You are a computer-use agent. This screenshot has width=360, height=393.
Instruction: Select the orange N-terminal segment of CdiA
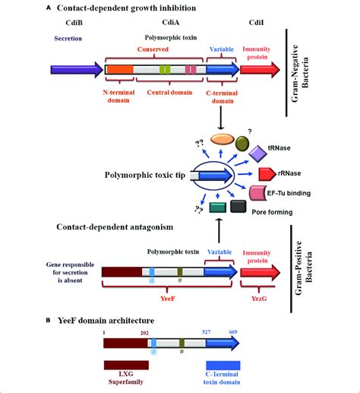(120, 70)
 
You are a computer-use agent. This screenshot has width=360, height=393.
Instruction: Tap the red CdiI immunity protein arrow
(260, 70)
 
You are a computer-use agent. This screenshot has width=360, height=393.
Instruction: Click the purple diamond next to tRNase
(257, 154)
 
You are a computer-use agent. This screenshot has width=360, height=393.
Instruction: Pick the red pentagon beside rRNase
(267, 174)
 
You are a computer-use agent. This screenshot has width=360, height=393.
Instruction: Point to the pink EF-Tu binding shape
(257, 193)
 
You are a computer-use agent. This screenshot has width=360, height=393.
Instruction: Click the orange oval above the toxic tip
(223, 139)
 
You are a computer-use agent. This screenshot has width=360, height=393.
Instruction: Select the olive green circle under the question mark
(242, 144)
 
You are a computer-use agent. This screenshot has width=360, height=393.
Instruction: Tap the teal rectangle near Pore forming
(218, 208)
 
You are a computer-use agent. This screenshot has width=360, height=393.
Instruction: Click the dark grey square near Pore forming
(238, 206)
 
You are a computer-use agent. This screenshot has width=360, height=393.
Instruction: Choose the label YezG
(259, 299)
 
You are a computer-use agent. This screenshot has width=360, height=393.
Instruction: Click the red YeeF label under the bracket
(168, 299)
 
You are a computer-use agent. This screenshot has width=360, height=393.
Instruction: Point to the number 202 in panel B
(144, 333)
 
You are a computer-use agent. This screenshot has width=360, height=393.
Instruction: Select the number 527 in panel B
(207, 331)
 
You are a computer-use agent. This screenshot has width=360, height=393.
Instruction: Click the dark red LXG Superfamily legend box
(126, 365)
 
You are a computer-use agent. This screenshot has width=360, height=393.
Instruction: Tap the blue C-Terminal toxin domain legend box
(223, 366)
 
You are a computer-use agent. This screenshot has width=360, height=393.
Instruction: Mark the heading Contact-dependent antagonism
(115, 227)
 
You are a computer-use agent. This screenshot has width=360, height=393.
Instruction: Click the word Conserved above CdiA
(153, 49)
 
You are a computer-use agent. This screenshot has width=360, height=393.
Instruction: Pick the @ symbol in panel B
(153, 352)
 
